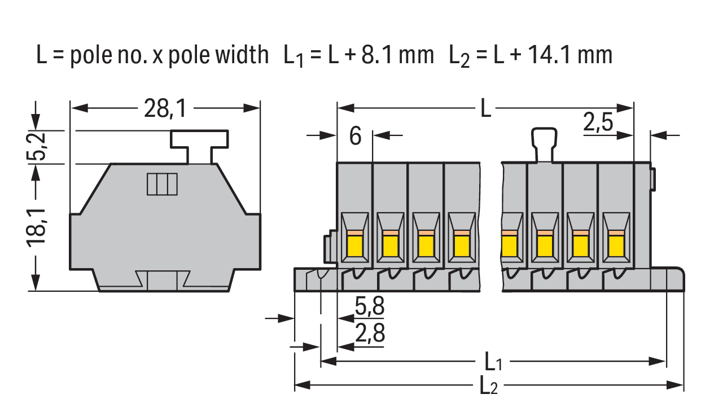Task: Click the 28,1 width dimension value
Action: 165,108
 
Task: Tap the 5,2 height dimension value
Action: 37,147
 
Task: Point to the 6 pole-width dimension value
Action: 355,136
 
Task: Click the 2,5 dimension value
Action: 598,122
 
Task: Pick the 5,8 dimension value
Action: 370,305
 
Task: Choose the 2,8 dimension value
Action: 370,332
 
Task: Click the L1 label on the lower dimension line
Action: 493,362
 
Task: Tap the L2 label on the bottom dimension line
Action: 488,386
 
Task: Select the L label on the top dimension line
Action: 486,108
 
